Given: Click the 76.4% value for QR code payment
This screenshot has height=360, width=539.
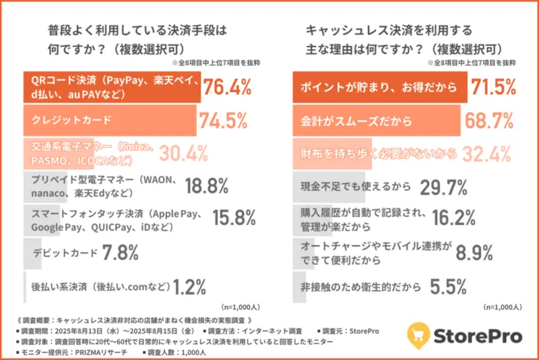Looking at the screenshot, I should point(227,88).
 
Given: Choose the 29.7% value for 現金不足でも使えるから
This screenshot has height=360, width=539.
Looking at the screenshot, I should point(443,186).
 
